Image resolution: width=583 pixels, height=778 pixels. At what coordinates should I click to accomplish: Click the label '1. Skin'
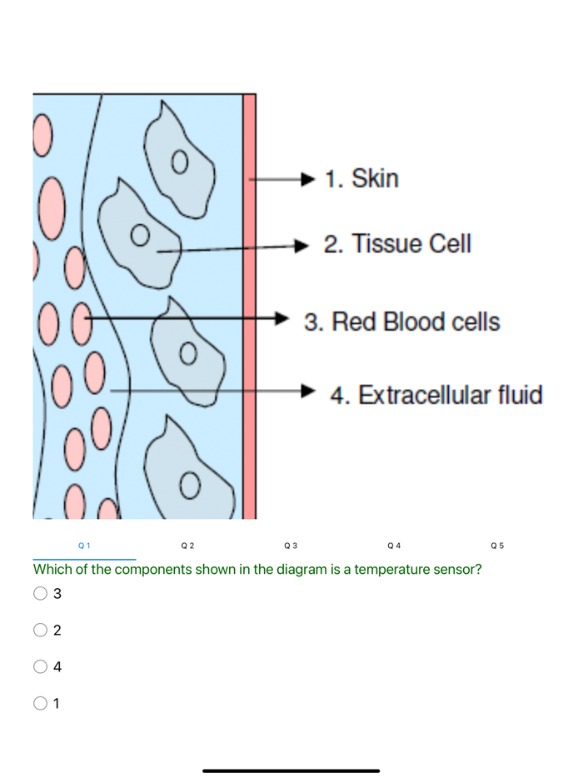click(361, 178)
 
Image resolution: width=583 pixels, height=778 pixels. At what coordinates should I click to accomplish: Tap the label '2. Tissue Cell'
click(397, 244)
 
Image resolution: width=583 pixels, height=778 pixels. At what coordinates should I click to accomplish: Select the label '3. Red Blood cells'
click(401, 322)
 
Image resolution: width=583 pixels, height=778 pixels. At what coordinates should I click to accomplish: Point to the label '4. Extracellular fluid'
click(436, 394)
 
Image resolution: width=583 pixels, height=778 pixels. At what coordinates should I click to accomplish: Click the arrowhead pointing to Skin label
click(307, 178)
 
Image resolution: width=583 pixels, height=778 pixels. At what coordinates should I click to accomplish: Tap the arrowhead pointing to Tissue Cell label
click(303, 245)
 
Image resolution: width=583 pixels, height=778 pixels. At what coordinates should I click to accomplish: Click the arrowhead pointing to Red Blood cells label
click(284, 317)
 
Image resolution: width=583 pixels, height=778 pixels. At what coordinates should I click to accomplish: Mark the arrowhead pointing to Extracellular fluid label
click(309, 390)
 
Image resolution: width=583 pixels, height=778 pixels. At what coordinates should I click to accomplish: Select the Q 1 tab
click(83, 546)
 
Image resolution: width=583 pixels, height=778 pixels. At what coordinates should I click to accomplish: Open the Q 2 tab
click(187, 546)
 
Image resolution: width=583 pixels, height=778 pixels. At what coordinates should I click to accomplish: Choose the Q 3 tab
click(291, 546)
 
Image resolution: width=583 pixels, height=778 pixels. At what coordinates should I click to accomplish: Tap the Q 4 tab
click(395, 546)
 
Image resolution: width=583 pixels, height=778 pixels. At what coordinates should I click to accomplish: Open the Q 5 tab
click(498, 546)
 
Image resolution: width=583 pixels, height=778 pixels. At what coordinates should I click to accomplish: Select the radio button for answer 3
click(40, 594)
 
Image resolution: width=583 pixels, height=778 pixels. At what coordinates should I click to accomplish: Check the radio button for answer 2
click(40, 631)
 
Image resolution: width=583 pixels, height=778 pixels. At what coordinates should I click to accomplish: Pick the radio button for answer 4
click(40, 666)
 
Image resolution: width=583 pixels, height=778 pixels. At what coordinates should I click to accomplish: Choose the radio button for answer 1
click(40, 703)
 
